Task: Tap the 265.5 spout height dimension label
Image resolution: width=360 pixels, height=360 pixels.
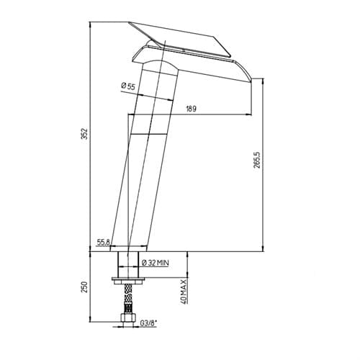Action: tap(257, 160)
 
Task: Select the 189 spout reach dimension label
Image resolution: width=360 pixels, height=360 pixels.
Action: tap(191, 109)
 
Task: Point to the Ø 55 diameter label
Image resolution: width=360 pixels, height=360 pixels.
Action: tap(128, 86)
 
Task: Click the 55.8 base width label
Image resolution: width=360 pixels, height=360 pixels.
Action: tap(103, 242)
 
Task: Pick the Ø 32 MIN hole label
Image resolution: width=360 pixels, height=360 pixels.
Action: tap(156, 263)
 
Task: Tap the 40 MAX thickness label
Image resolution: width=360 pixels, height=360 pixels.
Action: tap(184, 292)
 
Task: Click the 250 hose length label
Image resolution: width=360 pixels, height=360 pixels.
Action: tap(85, 287)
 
